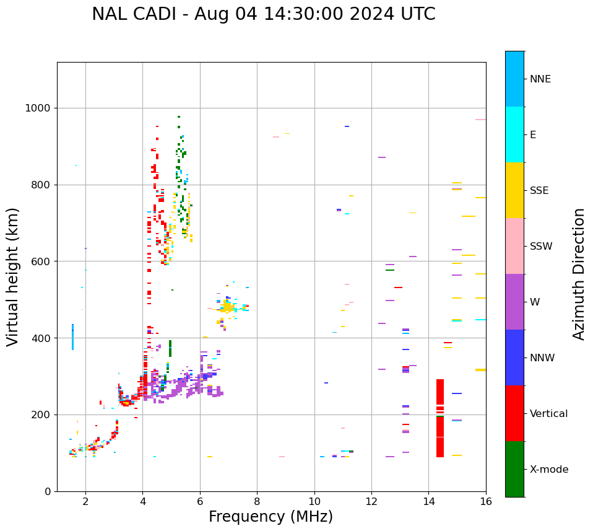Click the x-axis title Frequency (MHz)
(271, 517)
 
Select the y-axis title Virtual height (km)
(13, 276)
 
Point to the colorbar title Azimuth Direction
(579, 274)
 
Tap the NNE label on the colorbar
(540, 79)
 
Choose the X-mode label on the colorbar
(549, 470)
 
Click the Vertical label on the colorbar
(548, 414)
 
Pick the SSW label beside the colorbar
(541, 247)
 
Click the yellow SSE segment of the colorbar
(514, 190)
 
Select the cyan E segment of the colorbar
(514, 134)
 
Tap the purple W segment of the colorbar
(514, 301)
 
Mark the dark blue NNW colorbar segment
(514, 357)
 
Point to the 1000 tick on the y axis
(38, 108)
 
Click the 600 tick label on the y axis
(41, 261)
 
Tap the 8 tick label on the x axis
(257, 501)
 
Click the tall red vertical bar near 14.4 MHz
(440, 418)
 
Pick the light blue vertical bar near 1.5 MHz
(72, 337)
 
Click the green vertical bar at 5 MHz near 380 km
(170, 348)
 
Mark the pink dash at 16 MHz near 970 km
(480, 120)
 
